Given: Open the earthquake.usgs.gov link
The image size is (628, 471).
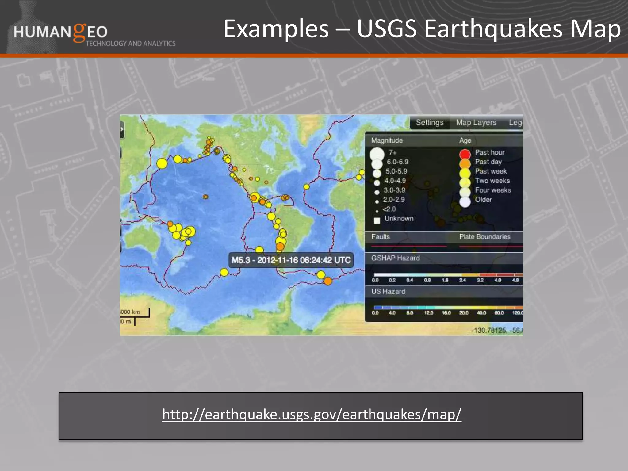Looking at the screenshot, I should click(x=312, y=414).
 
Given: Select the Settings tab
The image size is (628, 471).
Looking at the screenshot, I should click(x=429, y=123).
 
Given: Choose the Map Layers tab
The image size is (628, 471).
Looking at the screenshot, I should click(x=476, y=123).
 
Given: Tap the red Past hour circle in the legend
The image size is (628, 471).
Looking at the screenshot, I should click(x=465, y=153).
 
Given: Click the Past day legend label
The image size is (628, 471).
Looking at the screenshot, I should click(x=488, y=162).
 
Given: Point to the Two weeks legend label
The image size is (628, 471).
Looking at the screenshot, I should click(x=492, y=181).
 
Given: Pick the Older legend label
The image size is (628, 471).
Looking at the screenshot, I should click(x=483, y=200).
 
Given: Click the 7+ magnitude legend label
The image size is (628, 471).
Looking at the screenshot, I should click(x=392, y=152).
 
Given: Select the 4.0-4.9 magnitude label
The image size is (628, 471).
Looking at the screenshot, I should click(x=395, y=181).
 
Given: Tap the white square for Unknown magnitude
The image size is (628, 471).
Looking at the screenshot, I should click(x=377, y=220).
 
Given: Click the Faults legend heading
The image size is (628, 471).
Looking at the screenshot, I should click(x=380, y=237).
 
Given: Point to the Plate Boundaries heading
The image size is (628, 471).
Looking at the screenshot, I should click(x=484, y=237).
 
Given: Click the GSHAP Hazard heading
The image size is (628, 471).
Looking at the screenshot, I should click(x=395, y=258).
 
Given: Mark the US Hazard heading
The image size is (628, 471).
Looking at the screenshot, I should click(x=388, y=291).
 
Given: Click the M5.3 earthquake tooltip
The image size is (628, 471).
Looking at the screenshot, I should click(x=291, y=260).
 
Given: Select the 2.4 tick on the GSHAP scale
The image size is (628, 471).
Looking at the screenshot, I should click(x=462, y=280).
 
